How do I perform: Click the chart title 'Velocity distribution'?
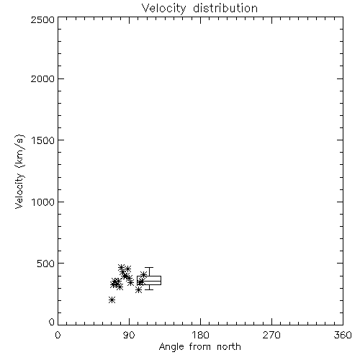[x=199, y=8]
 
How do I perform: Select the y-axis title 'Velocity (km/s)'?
[x=19, y=171]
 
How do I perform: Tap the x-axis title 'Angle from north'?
[x=200, y=347]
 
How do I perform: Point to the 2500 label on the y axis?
[x=42, y=19]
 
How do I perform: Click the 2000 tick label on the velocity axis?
[x=42, y=78]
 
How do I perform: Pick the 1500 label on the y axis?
[x=43, y=140]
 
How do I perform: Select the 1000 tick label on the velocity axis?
[x=43, y=202]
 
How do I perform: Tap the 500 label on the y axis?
[x=46, y=264]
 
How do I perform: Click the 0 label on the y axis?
[x=52, y=322]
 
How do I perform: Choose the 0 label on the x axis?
[x=58, y=335]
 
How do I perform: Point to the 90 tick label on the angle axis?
[x=129, y=335]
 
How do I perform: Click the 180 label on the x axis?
[x=200, y=335]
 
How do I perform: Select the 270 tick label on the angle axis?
[x=271, y=335]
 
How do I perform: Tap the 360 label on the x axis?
[x=343, y=335]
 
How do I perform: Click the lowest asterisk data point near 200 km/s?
[x=112, y=300]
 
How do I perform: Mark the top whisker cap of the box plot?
[x=149, y=267]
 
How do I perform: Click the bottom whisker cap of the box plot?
[x=149, y=289]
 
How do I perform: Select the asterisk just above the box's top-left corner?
[x=143, y=274]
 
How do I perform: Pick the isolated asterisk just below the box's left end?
[x=138, y=290]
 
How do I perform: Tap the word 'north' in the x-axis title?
[x=229, y=346]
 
